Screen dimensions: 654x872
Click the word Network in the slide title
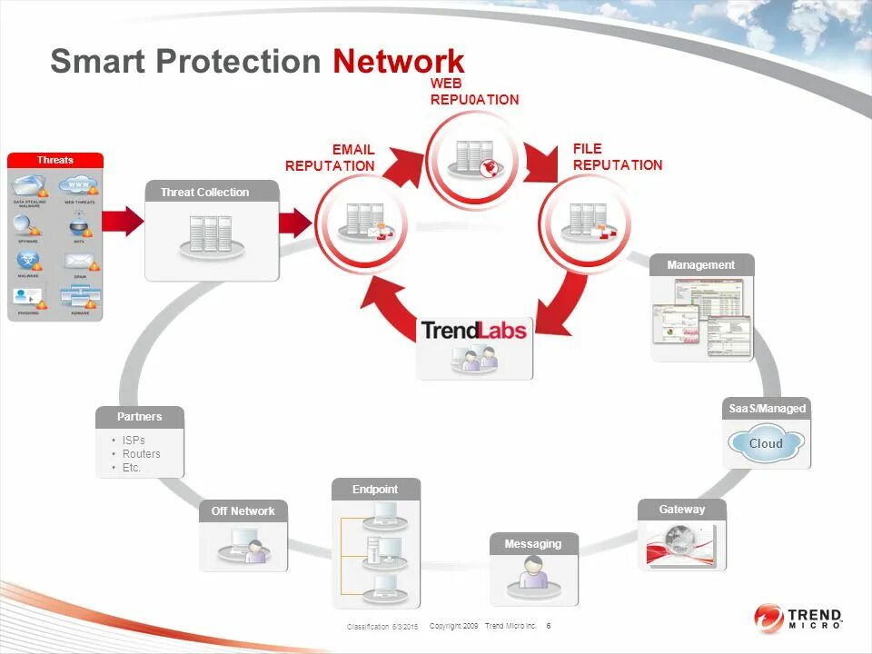[398, 61]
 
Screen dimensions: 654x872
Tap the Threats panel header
[55, 160]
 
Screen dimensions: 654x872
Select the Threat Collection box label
[204, 192]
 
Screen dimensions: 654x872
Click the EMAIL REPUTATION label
[330, 158]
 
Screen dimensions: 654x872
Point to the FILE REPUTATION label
[618, 156]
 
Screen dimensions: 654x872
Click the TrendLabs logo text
[474, 330]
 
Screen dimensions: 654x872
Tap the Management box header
[701, 264]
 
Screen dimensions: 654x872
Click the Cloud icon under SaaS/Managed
[766, 444]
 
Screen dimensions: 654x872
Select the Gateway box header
[682, 510]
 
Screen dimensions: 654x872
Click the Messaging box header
[533, 543]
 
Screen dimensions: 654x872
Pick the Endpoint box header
[375, 489]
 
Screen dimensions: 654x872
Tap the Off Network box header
[243, 510]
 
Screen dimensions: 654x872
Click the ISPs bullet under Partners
[134, 441]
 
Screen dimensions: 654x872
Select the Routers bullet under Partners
[141, 454]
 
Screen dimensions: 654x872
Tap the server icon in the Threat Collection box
[211, 234]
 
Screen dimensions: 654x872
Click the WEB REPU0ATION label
[474, 92]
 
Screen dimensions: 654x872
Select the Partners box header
[140, 416]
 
